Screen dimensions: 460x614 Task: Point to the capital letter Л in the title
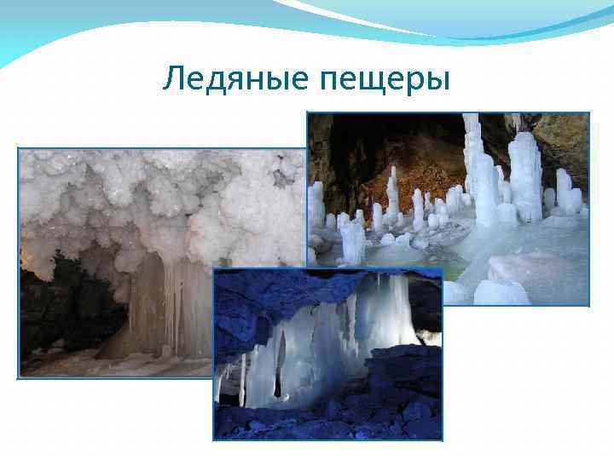click(173, 79)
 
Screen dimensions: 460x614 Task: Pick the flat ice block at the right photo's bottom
click(503, 290)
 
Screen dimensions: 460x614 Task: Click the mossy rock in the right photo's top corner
click(563, 136)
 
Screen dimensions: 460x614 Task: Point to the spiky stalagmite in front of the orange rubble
click(393, 192)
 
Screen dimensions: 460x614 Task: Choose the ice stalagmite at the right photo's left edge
click(316, 204)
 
